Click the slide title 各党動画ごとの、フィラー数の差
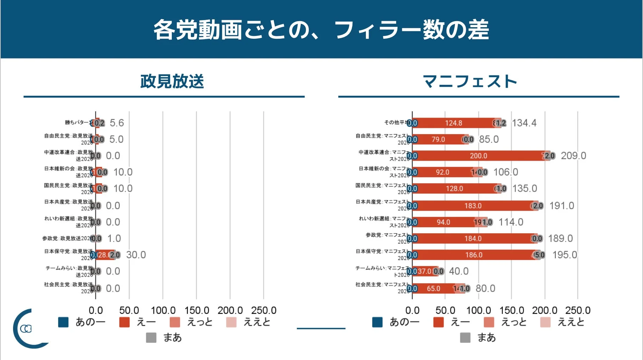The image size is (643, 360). coord(321,30)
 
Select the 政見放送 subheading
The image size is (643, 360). coord(172,81)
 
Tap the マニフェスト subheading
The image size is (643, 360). coord(470,81)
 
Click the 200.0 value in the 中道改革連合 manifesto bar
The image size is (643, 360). coord(478,156)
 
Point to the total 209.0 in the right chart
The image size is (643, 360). coord(573,156)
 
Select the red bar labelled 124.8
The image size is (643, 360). coord(453,123)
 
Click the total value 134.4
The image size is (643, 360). coord(524,123)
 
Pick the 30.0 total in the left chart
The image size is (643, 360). coord(136,255)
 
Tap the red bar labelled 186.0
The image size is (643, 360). coord(474,255)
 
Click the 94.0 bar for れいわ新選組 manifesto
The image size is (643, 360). coord(443,222)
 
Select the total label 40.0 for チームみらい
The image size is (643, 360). coord(458,271)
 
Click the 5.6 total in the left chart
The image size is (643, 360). coord(117,123)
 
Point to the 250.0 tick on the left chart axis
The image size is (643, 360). coord(263,310)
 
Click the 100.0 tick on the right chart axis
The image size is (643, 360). coord(478,310)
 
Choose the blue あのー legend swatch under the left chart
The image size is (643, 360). coord(63,322)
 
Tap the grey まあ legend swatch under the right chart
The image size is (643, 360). coord(465,337)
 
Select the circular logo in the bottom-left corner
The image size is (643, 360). coord(28,329)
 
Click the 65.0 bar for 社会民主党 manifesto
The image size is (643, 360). coord(433,288)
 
